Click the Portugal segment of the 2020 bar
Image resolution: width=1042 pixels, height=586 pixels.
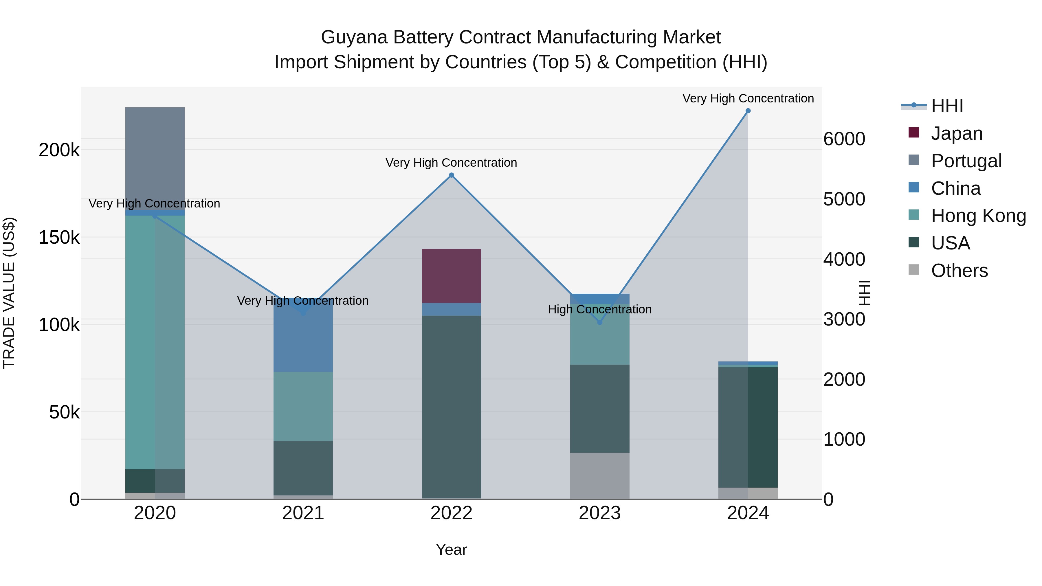[155, 158]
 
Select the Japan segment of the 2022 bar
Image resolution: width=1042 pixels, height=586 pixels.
[452, 276]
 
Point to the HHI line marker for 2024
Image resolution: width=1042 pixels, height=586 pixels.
[748, 111]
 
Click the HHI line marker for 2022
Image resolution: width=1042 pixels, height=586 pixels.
[452, 175]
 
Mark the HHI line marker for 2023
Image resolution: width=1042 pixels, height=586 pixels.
[600, 322]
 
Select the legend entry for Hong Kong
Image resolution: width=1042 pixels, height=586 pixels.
[978, 216]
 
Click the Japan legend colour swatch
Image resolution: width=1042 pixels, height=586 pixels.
[914, 133]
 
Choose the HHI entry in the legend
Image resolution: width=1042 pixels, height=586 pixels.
[946, 106]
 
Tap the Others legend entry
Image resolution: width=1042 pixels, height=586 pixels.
[959, 271]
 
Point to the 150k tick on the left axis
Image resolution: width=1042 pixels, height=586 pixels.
[59, 237]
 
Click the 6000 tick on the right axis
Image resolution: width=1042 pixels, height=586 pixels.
[845, 139]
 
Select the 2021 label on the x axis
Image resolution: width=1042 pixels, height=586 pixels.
[303, 513]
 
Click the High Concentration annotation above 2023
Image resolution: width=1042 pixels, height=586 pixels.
[600, 309]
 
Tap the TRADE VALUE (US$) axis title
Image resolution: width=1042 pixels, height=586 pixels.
[9, 293]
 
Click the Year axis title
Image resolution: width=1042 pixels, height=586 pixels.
[452, 550]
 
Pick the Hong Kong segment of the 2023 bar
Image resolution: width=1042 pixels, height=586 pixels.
[600, 334]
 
